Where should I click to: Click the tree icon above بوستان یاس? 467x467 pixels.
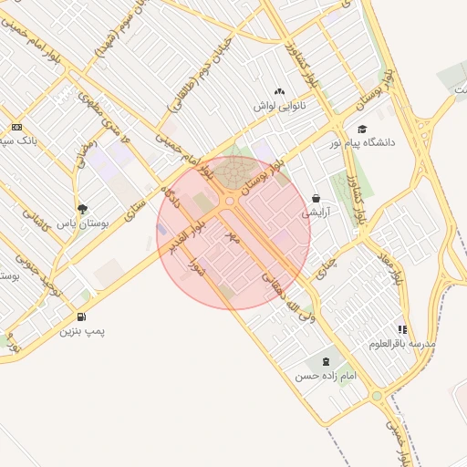(83, 209)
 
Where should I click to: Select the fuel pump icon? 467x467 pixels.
(83, 317)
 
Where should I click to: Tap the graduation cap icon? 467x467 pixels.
(362, 129)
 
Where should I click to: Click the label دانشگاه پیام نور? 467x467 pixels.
(362, 142)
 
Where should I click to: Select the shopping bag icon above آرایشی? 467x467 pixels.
(316, 198)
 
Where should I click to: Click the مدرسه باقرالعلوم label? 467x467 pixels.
(403, 343)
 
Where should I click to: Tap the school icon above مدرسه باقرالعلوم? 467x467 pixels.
(402, 329)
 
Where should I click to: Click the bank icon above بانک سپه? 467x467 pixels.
(16, 127)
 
